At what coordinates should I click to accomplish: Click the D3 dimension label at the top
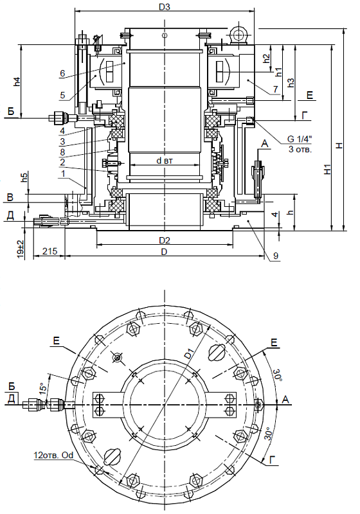(x=165, y=6)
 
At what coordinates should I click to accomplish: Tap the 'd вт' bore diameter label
(x=165, y=160)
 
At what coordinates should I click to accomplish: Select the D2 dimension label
(x=165, y=240)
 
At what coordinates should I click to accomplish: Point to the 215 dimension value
(x=50, y=251)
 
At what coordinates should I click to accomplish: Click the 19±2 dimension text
(x=21, y=249)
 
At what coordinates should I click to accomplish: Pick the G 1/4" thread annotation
(x=300, y=139)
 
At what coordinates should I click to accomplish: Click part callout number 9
(x=276, y=256)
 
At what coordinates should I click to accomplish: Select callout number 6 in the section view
(x=62, y=73)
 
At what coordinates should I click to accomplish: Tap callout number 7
(x=275, y=89)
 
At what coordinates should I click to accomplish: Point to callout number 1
(x=62, y=173)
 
